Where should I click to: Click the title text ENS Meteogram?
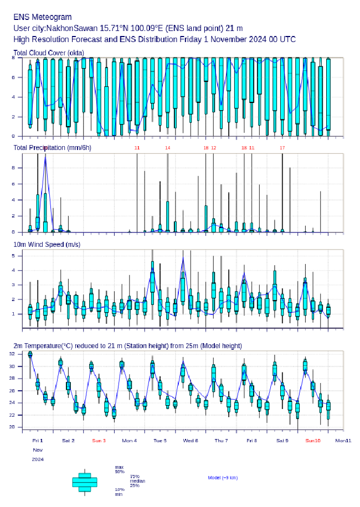42,17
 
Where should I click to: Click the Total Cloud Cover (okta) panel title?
48,53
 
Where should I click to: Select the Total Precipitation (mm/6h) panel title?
52,148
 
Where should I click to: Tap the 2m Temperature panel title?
127,346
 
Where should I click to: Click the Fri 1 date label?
38,441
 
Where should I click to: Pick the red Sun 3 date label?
99,441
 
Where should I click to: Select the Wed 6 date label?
191,441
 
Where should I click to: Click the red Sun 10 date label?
313,441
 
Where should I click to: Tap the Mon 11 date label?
343,441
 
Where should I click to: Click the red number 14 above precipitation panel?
167,148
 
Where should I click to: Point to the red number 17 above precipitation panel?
282,148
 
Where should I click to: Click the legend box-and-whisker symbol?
85,482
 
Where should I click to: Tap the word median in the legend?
137,481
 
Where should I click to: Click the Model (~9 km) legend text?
223,477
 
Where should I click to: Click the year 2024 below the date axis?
38,459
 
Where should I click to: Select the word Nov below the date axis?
37,450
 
